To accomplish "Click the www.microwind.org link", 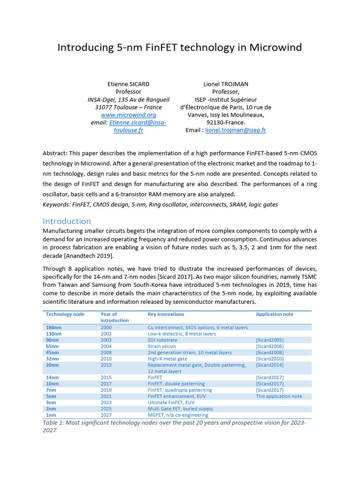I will (128, 115).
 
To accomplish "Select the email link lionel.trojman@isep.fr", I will (235, 130).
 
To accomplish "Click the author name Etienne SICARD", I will (128, 84).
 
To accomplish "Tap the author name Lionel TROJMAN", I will (225, 84).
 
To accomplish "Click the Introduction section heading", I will (67, 221).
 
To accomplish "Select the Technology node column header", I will (65, 314).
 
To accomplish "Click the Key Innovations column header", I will (165, 314).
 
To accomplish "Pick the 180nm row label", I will (52, 327).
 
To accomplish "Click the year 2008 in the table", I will (106, 352).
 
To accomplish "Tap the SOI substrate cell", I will (162, 340).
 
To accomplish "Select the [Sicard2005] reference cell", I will (270, 340).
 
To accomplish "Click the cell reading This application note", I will (279, 396).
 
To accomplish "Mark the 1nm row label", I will (51, 415).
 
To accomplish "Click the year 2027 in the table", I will (106, 415).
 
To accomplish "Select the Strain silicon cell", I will (162, 346).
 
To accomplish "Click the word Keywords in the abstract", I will (56, 204).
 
